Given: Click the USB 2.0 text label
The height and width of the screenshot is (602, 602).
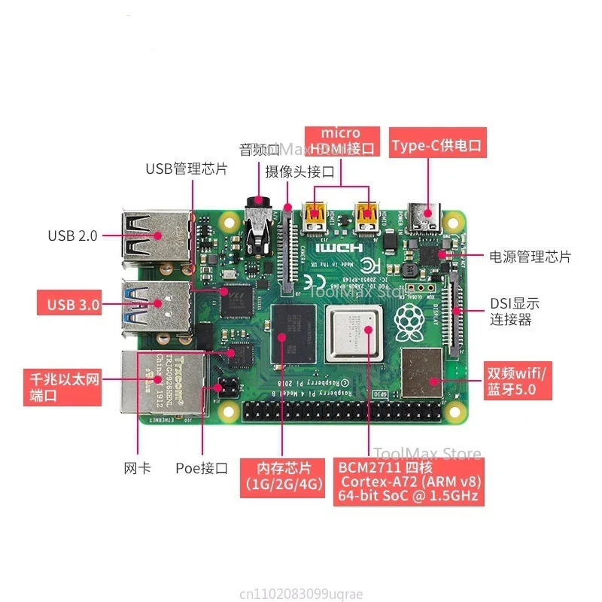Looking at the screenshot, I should tap(73, 236).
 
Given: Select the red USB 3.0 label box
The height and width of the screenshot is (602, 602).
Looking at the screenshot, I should tap(73, 304).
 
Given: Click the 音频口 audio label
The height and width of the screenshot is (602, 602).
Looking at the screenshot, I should tap(258, 148).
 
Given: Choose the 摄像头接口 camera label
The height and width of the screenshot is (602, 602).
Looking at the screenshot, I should tap(299, 172).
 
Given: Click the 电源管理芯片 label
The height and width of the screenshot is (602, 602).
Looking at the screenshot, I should tap(530, 257).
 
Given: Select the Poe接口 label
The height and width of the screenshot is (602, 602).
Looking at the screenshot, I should tap(201, 468).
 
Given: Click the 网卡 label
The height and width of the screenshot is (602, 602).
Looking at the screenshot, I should tap(137, 468).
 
